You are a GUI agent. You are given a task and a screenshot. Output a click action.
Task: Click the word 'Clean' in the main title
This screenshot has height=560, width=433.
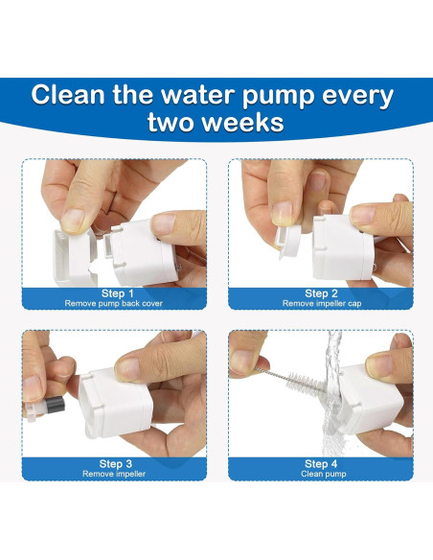[68, 95]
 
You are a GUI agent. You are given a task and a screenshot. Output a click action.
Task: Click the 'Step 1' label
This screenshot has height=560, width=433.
[117, 293]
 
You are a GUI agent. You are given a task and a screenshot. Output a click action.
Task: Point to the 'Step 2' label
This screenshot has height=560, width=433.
[321, 293]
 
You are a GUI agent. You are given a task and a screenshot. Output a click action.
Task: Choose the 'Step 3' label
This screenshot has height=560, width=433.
[115, 464]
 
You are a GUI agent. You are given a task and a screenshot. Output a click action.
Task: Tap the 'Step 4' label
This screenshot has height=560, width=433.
[321, 464]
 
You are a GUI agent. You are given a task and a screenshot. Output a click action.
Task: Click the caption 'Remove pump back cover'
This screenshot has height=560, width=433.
[113, 304]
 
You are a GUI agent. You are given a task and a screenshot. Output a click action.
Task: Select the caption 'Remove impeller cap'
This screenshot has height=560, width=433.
[322, 304]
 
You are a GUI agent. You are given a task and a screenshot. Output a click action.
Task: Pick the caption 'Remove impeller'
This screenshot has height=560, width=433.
[114, 474]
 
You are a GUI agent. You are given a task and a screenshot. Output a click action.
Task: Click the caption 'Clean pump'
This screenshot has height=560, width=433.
[324, 474]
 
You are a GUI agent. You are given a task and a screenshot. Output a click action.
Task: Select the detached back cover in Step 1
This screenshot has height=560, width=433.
[74, 256]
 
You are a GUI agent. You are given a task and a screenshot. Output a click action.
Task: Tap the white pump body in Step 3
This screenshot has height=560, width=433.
[113, 404]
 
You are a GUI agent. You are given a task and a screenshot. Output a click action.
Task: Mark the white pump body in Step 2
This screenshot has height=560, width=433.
[342, 247]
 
